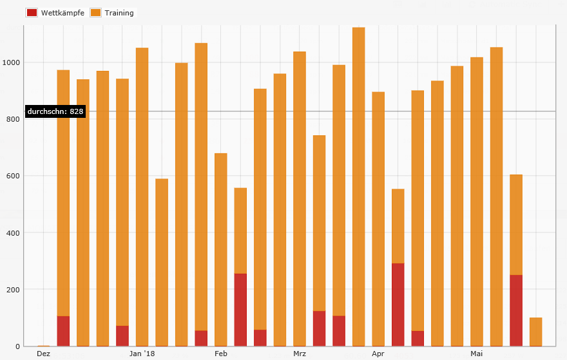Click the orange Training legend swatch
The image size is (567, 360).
tap(95, 13)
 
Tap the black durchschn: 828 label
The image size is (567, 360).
tap(55, 111)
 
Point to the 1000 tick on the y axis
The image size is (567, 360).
tap(12, 62)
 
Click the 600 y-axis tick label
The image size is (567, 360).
tap(14, 176)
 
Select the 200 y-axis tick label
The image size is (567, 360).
tap(14, 289)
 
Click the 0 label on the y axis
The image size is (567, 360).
tap(18, 346)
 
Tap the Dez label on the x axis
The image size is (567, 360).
tap(43, 354)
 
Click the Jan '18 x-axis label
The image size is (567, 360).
tap(142, 354)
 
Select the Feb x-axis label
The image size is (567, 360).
tap(221, 354)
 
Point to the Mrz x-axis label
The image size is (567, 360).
tap(300, 354)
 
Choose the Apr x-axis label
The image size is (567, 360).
tap(378, 354)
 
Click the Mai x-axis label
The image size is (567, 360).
tap(477, 354)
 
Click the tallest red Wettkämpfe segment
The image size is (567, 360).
tap(398, 304)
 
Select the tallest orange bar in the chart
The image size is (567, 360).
tap(359, 187)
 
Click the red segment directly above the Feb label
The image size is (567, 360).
tap(240, 310)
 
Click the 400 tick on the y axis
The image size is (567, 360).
tap(14, 232)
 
